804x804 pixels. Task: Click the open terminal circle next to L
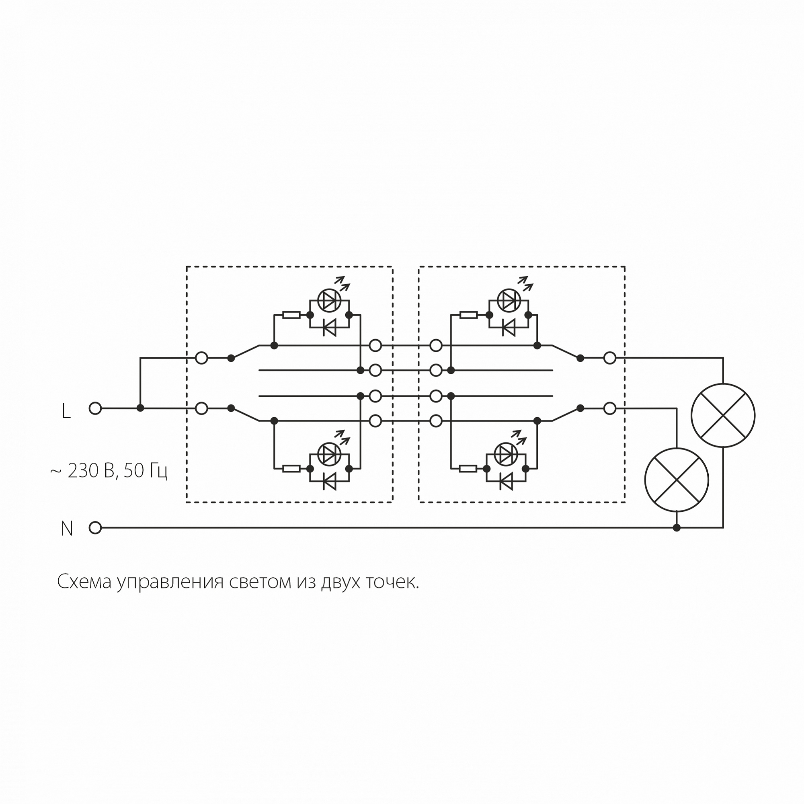pyautogui.click(x=95, y=408)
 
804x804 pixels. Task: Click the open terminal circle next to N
pyautogui.click(x=95, y=528)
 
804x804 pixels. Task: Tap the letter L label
pyautogui.click(x=66, y=412)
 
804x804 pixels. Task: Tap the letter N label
pyautogui.click(x=67, y=529)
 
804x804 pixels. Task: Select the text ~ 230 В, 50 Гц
pyautogui.click(x=109, y=471)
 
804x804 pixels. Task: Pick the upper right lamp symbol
pyautogui.click(x=723, y=415)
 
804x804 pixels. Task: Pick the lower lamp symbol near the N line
pyautogui.click(x=676, y=480)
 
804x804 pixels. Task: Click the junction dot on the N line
pyautogui.click(x=676, y=528)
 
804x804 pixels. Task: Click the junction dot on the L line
pyautogui.click(x=140, y=408)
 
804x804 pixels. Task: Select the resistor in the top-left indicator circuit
pyautogui.click(x=291, y=315)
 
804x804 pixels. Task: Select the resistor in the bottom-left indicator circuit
pyautogui.click(x=291, y=469)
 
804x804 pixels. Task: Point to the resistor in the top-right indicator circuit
pyautogui.click(x=469, y=315)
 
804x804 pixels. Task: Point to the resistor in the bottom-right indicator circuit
pyautogui.click(x=468, y=469)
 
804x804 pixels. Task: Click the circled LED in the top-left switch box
pyautogui.click(x=329, y=300)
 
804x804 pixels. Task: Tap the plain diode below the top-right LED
pyautogui.click(x=508, y=328)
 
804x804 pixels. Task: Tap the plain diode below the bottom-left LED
pyautogui.click(x=330, y=482)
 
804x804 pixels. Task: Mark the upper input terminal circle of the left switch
pyautogui.click(x=201, y=358)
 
